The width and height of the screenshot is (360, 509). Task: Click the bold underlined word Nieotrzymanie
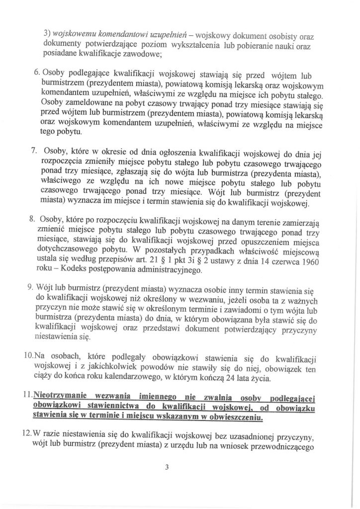[60, 396]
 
